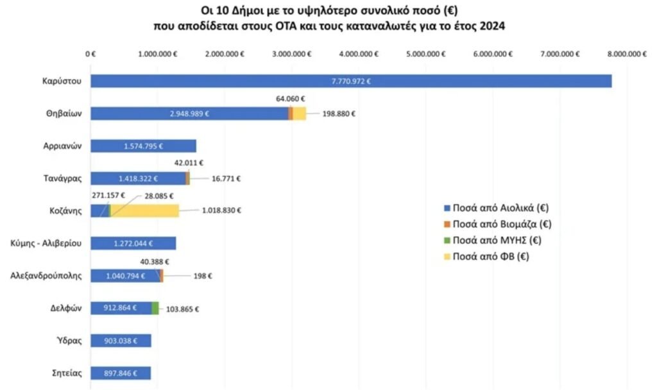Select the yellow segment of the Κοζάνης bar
(x=144, y=210)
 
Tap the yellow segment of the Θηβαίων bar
(x=299, y=114)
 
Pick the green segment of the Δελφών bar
(x=155, y=308)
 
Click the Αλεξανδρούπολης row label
(x=46, y=276)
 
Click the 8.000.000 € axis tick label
(x=626, y=55)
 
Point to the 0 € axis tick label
(x=90, y=55)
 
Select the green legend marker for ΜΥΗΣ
(x=447, y=241)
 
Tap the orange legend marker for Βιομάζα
(x=447, y=225)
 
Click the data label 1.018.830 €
(x=222, y=210)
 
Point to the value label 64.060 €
(x=290, y=99)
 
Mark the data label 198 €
(x=203, y=276)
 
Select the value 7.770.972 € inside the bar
(x=351, y=81)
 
